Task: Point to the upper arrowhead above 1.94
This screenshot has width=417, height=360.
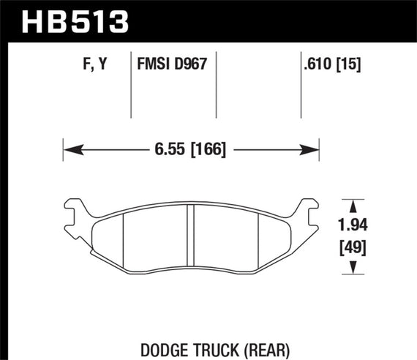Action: pos(355,204)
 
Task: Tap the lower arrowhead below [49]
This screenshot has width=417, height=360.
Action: pos(355,271)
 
